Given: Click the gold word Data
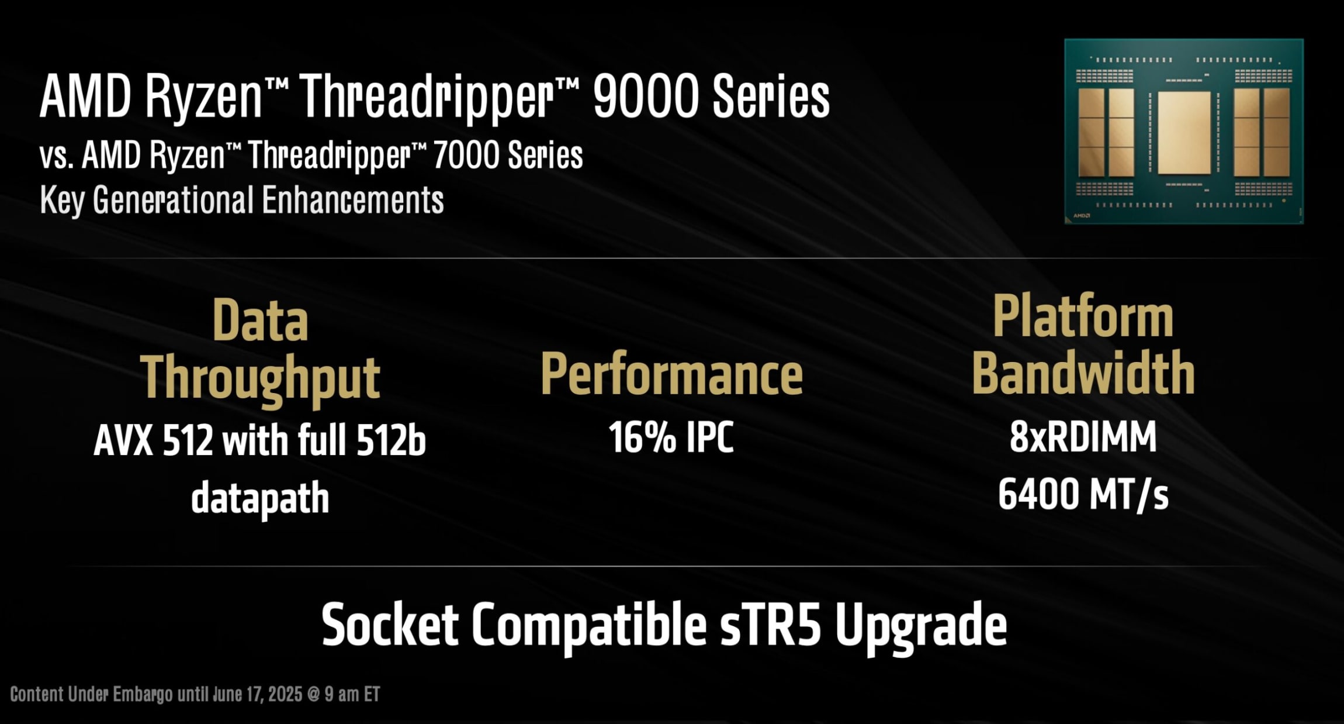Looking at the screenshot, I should pyautogui.click(x=260, y=320).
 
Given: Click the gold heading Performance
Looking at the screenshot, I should pyautogui.click(x=671, y=374).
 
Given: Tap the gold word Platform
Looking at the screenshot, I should pyautogui.click(x=1083, y=317).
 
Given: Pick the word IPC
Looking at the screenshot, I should pyautogui.click(x=709, y=437).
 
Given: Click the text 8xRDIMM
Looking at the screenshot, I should pyautogui.click(x=1083, y=437).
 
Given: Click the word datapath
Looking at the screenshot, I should pyautogui.click(x=260, y=498).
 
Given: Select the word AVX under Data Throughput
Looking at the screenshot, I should pyautogui.click(x=124, y=440).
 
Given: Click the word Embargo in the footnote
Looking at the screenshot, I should pyautogui.click(x=143, y=694).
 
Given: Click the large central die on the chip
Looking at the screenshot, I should pyautogui.click(x=1184, y=133).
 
